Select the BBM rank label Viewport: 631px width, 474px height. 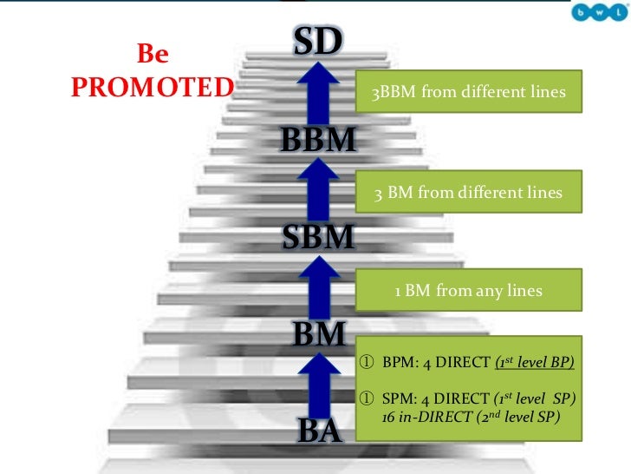pyautogui.click(x=316, y=139)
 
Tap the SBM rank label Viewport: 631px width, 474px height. pyautogui.click(x=317, y=237)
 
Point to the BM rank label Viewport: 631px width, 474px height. pyautogui.click(x=316, y=333)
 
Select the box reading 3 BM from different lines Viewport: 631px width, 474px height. pyautogui.click(x=468, y=192)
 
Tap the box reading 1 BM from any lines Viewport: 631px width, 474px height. pyautogui.click(x=468, y=291)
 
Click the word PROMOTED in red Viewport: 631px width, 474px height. pyautogui.click(x=153, y=88)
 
